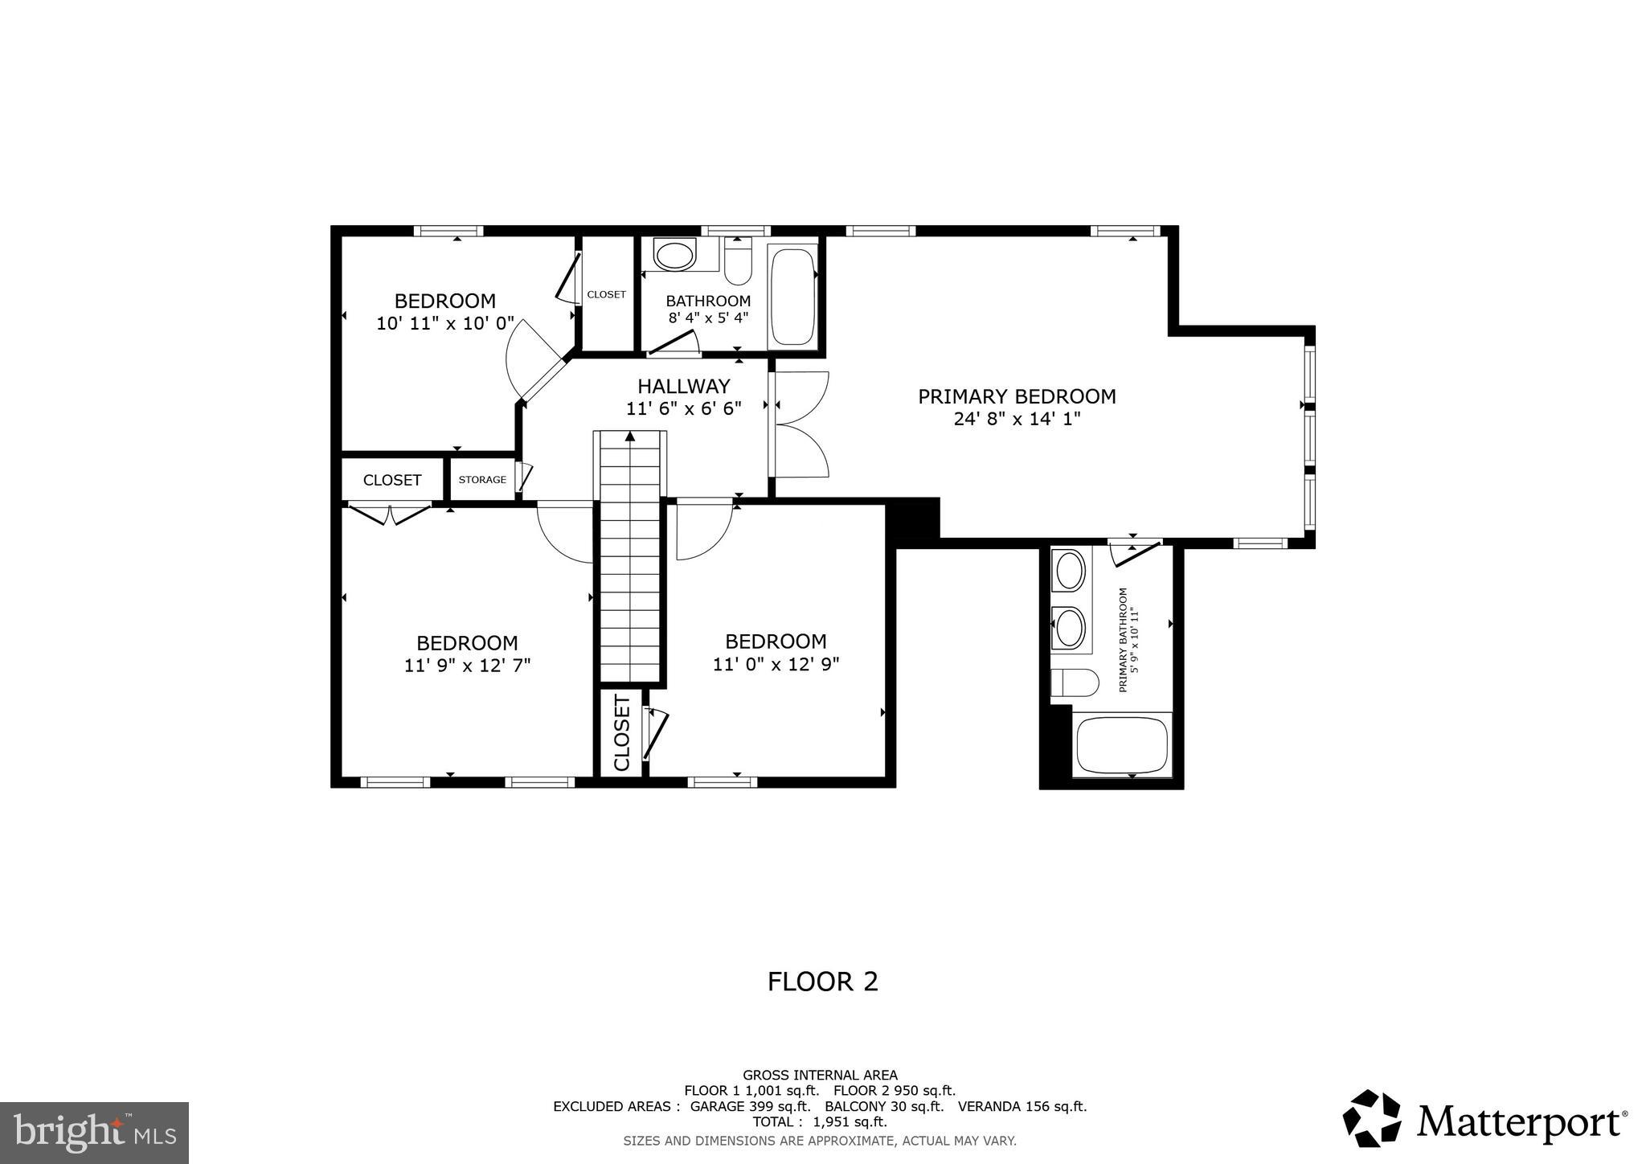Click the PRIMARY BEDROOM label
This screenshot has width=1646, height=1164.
1017,396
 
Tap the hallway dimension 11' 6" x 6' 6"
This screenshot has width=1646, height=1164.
683,408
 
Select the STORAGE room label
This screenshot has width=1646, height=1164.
482,480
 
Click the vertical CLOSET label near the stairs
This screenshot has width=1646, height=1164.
622,733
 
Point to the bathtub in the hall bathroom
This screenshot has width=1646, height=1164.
792,297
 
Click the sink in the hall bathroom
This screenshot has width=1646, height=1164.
674,256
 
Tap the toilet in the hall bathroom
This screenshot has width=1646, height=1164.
737,263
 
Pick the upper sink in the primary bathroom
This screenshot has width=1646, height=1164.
1069,572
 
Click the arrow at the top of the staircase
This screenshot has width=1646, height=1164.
630,436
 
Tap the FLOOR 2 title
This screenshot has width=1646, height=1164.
822,982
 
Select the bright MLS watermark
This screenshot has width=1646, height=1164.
94,1133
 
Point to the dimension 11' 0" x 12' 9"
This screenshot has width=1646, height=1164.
776,664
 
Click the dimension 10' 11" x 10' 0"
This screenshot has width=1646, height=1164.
444,323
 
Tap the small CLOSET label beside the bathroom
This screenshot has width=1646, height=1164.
606,294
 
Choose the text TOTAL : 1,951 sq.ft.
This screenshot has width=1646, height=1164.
819,1121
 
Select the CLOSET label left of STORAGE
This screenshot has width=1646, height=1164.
392,480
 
